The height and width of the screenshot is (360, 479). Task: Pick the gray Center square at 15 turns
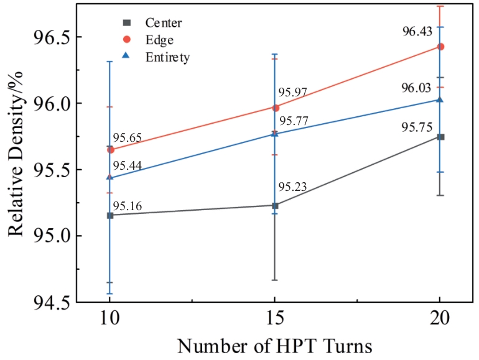(275, 205)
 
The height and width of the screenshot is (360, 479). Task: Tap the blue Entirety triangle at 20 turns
(440, 99)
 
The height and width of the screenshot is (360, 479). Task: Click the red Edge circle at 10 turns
(110, 149)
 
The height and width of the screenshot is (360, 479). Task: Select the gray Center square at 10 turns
(110, 215)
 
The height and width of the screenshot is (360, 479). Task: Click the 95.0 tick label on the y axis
(52, 236)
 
